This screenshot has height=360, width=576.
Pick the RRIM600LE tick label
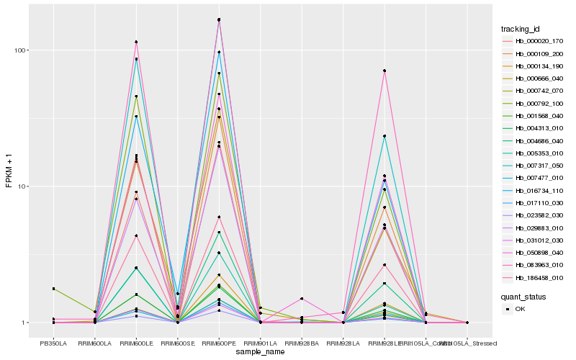tap(136, 343)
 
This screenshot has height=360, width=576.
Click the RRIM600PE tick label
tap(219, 343)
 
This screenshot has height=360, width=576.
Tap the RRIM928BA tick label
tap(302, 343)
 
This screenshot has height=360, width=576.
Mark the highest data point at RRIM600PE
tap(219, 19)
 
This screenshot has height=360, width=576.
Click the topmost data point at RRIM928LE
tap(384, 71)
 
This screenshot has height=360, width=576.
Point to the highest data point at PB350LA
tap(53, 289)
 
